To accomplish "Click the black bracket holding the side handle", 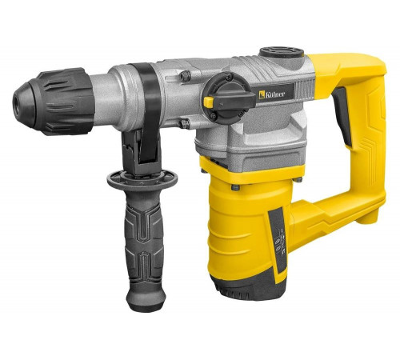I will coord(137,148).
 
